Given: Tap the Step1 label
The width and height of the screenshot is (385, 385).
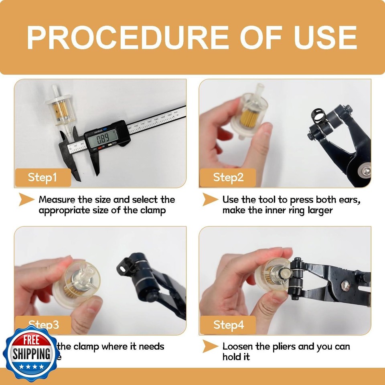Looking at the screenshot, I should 42,177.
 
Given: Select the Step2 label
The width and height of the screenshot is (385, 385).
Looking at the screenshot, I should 228,177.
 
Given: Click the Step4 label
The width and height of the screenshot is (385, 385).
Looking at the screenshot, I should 228,324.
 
